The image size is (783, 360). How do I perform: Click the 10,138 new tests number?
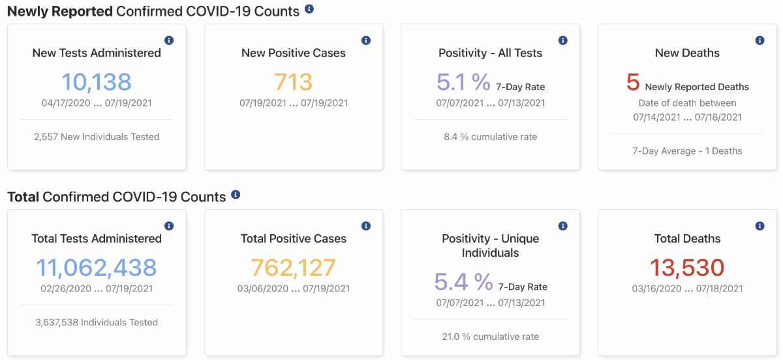click(97, 82)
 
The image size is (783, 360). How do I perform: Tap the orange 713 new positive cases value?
click(293, 82)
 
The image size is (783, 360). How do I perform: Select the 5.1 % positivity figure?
click(463, 82)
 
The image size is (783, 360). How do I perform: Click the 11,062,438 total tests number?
click(97, 268)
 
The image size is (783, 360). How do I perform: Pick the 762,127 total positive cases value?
click(293, 268)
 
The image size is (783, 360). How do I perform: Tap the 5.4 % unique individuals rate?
click(463, 282)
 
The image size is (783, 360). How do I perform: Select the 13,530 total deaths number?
click(687, 268)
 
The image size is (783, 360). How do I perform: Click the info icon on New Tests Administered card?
click(169, 40)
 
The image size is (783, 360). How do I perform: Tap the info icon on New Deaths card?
click(760, 40)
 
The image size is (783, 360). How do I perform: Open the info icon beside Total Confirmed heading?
click(236, 195)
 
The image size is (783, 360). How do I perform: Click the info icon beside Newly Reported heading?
click(309, 9)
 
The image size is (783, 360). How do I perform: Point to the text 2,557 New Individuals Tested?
click(97, 137)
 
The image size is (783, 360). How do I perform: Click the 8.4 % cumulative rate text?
click(490, 137)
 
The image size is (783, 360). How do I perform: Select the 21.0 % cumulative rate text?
click(490, 337)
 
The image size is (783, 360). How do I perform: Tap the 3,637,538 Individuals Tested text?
click(97, 322)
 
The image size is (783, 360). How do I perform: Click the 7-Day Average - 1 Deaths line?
click(687, 151)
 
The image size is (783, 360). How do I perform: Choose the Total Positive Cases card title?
click(293, 239)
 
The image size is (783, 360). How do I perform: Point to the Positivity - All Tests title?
click(490, 53)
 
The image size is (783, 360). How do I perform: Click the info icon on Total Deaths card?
click(760, 226)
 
